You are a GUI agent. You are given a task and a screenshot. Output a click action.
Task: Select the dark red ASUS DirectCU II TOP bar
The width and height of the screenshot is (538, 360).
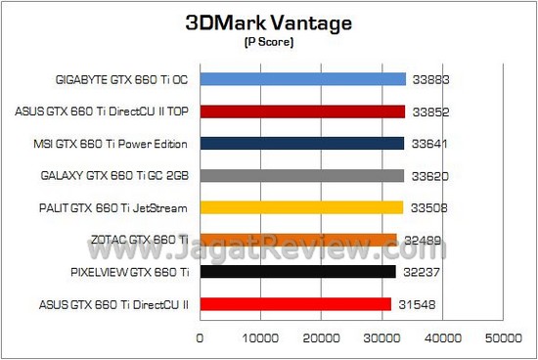(302, 112)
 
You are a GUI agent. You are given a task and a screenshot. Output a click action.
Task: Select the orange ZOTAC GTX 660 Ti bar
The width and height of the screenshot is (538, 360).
(298, 240)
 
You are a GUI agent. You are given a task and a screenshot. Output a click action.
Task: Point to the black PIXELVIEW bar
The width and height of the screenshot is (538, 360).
(297, 272)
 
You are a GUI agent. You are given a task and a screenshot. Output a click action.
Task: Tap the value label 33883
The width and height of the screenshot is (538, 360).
(430, 80)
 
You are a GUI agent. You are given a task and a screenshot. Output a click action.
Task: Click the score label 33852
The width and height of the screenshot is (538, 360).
(430, 112)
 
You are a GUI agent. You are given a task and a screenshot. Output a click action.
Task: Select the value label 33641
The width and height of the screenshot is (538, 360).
(430, 144)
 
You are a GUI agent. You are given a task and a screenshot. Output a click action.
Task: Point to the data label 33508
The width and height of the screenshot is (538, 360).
(430, 207)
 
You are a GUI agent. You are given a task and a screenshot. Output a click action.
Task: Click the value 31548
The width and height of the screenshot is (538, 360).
(418, 304)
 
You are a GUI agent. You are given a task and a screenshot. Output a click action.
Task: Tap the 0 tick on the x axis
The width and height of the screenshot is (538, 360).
(201, 337)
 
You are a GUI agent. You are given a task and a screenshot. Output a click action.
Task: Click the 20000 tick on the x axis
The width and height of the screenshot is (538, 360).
(322, 337)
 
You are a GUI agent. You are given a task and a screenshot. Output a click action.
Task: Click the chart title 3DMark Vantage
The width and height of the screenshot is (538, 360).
(267, 24)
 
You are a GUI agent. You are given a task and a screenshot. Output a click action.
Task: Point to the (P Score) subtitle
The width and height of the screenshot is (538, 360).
(267, 43)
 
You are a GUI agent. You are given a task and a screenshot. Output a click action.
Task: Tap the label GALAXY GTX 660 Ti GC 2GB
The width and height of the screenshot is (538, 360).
(125, 176)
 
